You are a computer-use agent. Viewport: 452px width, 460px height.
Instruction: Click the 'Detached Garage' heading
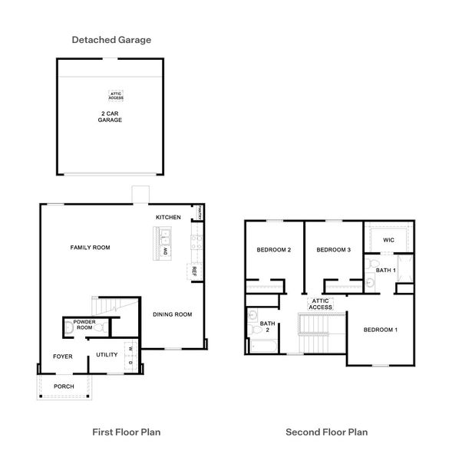(111, 39)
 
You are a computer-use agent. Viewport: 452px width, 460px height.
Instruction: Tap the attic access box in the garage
(115, 97)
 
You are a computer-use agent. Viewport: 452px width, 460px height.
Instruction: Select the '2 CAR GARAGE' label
(111, 117)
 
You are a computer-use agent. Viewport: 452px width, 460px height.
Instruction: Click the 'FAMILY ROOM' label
(91, 248)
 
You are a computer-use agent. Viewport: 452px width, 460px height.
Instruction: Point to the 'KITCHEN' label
(168, 217)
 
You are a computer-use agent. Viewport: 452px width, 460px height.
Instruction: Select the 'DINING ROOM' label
(172, 314)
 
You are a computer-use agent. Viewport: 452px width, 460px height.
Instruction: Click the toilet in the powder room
(68, 327)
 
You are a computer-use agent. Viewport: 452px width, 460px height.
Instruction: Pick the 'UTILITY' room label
(107, 354)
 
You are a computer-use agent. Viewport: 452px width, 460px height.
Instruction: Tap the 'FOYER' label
(62, 356)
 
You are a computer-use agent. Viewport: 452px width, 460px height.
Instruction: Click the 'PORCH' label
(64, 386)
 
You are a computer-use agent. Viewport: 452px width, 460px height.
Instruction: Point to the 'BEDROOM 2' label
(273, 250)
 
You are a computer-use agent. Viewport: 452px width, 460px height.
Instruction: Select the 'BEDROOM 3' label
(333, 250)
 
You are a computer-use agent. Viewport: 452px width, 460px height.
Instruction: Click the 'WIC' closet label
(388, 240)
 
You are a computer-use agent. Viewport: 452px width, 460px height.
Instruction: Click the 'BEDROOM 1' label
(380, 329)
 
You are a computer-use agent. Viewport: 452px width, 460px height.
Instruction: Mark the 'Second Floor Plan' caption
(326, 432)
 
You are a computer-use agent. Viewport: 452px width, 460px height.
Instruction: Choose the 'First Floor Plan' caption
(126, 432)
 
